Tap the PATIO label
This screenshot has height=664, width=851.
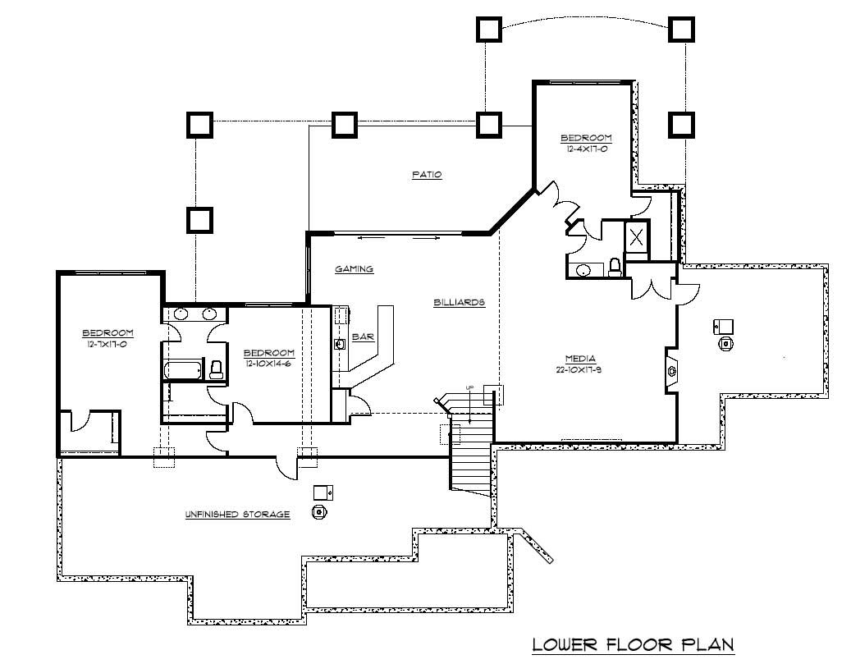tap(427, 175)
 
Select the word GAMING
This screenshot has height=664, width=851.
tap(354, 269)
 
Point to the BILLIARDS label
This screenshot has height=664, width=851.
tap(459, 302)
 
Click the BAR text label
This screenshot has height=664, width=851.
tap(362, 337)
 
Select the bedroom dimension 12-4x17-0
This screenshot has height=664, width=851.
tap(586, 149)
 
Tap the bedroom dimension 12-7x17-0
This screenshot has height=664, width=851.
tap(108, 345)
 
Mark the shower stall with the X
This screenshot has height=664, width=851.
tap(637, 238)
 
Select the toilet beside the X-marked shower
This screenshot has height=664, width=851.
tap(613, 267)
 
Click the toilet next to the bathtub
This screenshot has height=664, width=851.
tap(217, 369)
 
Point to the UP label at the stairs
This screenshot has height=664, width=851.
tap(469, 388)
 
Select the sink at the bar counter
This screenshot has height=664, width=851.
tap(338, 345)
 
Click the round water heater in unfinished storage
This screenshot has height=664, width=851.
tap(318, 513)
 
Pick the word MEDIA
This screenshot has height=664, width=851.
tap(579, 358)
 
